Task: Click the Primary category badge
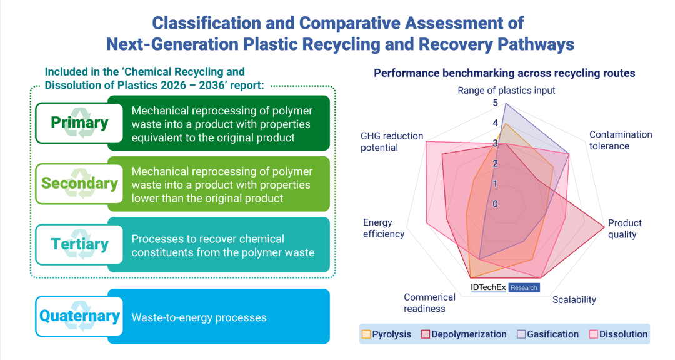(79, 122)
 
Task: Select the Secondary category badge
(79, 184)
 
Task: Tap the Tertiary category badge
(79, 244)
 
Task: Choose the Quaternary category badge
(79, 316)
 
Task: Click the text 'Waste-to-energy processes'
(199, 317)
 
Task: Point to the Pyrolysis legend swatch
(366, 334)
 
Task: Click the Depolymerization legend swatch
(426, 334)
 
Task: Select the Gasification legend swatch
(521, 334)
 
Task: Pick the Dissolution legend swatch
(593, 334)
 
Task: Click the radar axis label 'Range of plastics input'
(506, 91)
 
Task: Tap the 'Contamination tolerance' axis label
(621, 140)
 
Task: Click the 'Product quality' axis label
(624, 229)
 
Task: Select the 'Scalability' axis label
(574, 300)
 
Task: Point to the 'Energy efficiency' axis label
(384, 228)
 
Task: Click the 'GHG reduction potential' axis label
(392, 142)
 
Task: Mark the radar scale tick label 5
(496, 102)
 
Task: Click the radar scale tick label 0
(496, 204)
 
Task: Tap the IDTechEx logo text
(488, 287)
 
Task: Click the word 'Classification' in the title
(207, 23)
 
